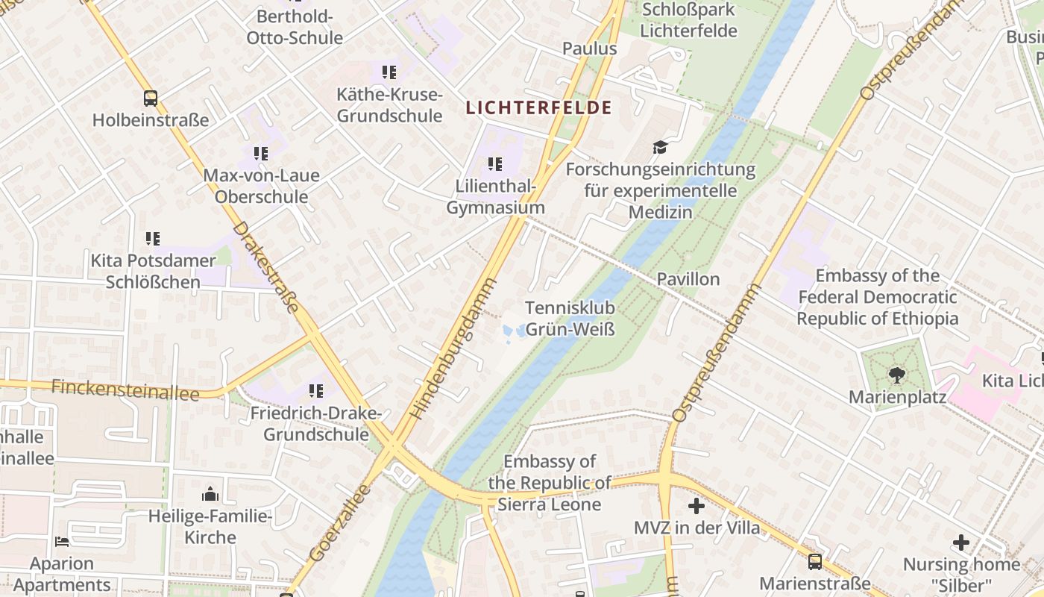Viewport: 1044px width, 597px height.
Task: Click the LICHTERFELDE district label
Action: (x=538, y=107)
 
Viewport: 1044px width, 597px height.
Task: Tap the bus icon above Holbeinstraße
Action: (x=151, y=98)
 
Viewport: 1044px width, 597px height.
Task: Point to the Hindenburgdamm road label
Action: (x=453, y=348)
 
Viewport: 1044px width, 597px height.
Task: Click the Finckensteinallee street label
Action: (x=125, y=390)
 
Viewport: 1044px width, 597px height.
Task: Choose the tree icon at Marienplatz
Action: (x=897, y=375)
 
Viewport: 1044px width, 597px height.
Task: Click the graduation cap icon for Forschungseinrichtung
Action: (x=660, y=147)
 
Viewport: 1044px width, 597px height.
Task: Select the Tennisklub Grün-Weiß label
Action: (x=570, y=319)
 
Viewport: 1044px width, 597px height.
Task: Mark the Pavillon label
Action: (x=688, y=279)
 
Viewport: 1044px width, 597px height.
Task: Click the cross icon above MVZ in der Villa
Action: (x=696, y=506)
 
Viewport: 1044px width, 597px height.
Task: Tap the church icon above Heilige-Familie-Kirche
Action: (x=210, y=494)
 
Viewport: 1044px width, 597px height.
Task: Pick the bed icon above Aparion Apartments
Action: (x=62, y=542)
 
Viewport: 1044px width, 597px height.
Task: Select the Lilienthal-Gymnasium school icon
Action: (x=495, y=164)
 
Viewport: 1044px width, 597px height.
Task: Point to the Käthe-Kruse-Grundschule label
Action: (x=389, y=105)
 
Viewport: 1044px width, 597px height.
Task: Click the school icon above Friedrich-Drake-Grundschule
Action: (x=316, y=391)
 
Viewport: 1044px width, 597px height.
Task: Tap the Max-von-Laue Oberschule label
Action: (x=261, y=187)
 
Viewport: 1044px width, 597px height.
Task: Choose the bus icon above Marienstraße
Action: (x=815, y=561)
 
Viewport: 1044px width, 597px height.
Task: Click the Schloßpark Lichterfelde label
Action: (x=688, y=21)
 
